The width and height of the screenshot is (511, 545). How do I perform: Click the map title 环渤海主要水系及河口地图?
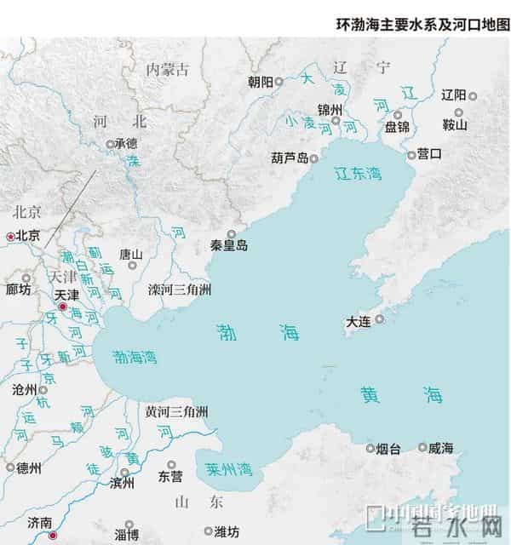pyautogui.click(x=422, y=25)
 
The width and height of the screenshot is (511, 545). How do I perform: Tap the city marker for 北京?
pyautogui.click(x=10, y=236)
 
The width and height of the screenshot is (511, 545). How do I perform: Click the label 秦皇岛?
pyautogui.click(x=229, y=245)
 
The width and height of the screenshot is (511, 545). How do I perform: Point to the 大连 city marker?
pyautogui.click(x=380, y=319)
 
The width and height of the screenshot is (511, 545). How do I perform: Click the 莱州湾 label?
pyautogui.click(x=229, y=468)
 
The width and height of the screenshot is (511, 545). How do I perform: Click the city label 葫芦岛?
pyautogui.click(x=289, y=158)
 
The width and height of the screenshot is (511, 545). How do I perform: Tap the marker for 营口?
pyautogui.click(x=411, y=155)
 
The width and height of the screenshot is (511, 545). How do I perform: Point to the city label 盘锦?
pyautogui.click(x=397, y=127)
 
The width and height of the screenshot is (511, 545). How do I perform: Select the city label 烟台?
pyautogui.click(x=388, y=448)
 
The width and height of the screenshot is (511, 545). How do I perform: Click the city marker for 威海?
pyautogui.click(x=422, y=447)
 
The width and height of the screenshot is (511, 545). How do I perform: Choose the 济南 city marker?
pyautogui.click(x=53, y=536)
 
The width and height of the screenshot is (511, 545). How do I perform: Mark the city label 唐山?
pyautogui.click(x=131, y=254)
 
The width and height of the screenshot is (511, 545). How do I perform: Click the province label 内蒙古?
pyautogui.click(x=167, y=69)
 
